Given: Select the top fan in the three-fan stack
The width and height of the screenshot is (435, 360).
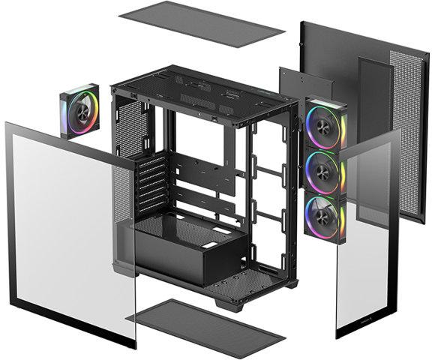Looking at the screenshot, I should [325, 123].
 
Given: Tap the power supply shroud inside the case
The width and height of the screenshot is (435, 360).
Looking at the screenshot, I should [187, 255].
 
